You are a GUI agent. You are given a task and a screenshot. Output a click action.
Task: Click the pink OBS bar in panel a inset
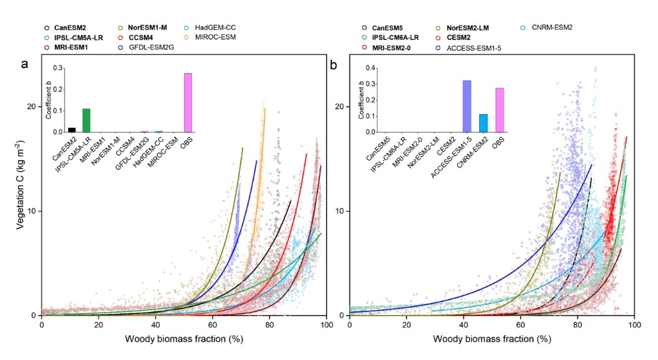pos(188,102)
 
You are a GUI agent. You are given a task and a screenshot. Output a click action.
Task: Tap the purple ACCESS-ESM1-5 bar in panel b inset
pos(467,106)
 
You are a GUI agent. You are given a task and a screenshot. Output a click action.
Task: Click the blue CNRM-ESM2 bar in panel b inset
pos(483,123)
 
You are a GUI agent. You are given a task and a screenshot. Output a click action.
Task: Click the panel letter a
pos(25,64)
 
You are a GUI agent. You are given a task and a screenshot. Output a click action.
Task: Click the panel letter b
pos(334,64)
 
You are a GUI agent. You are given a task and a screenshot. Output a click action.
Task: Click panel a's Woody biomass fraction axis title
pos(182,339)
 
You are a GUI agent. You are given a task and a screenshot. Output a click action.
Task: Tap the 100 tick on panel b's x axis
pos(635,324)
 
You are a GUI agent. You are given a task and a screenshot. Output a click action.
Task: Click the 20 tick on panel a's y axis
pos(31,106)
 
